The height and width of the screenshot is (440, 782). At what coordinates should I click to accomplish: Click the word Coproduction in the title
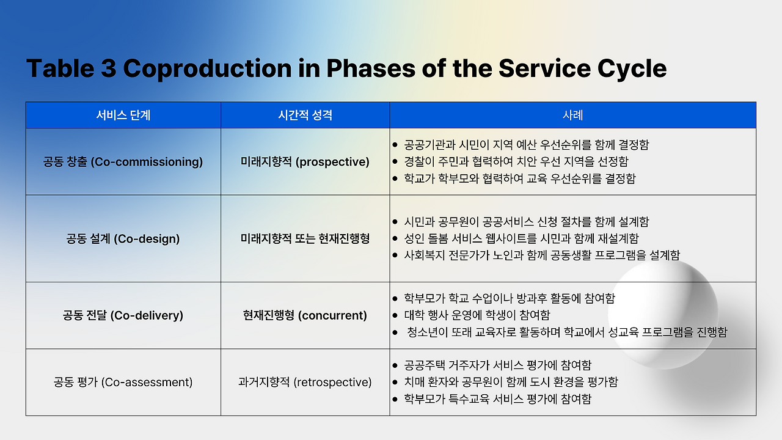[207, 69]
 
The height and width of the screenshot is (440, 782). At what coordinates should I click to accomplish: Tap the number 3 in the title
[108, 68]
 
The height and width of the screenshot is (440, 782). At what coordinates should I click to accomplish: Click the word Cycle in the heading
[632, 69]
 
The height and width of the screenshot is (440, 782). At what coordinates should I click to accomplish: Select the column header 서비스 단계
[123, 116]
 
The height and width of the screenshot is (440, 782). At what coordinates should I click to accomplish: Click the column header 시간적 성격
[305, 116]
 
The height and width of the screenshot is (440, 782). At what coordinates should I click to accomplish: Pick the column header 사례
[573, 116]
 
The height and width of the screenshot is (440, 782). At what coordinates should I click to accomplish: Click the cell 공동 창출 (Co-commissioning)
[123, 162]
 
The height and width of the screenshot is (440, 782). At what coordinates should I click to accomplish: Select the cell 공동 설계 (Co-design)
[123, 239]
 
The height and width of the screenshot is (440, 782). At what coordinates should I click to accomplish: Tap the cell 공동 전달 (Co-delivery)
[123, 316]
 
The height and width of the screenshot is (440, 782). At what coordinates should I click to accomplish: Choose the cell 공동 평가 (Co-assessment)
[123, 383]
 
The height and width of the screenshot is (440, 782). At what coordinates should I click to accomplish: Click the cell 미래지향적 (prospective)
[305, 162]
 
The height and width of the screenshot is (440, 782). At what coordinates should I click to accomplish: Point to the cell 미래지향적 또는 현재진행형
[305, 239]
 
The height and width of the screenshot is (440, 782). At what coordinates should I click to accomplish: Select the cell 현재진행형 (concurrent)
[305, 316]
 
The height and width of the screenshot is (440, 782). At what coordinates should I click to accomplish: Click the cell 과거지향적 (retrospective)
[305, 383]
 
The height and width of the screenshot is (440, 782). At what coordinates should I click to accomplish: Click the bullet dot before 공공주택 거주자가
[395, 365]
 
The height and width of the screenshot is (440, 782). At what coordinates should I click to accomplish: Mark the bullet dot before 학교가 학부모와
[395, 179]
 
